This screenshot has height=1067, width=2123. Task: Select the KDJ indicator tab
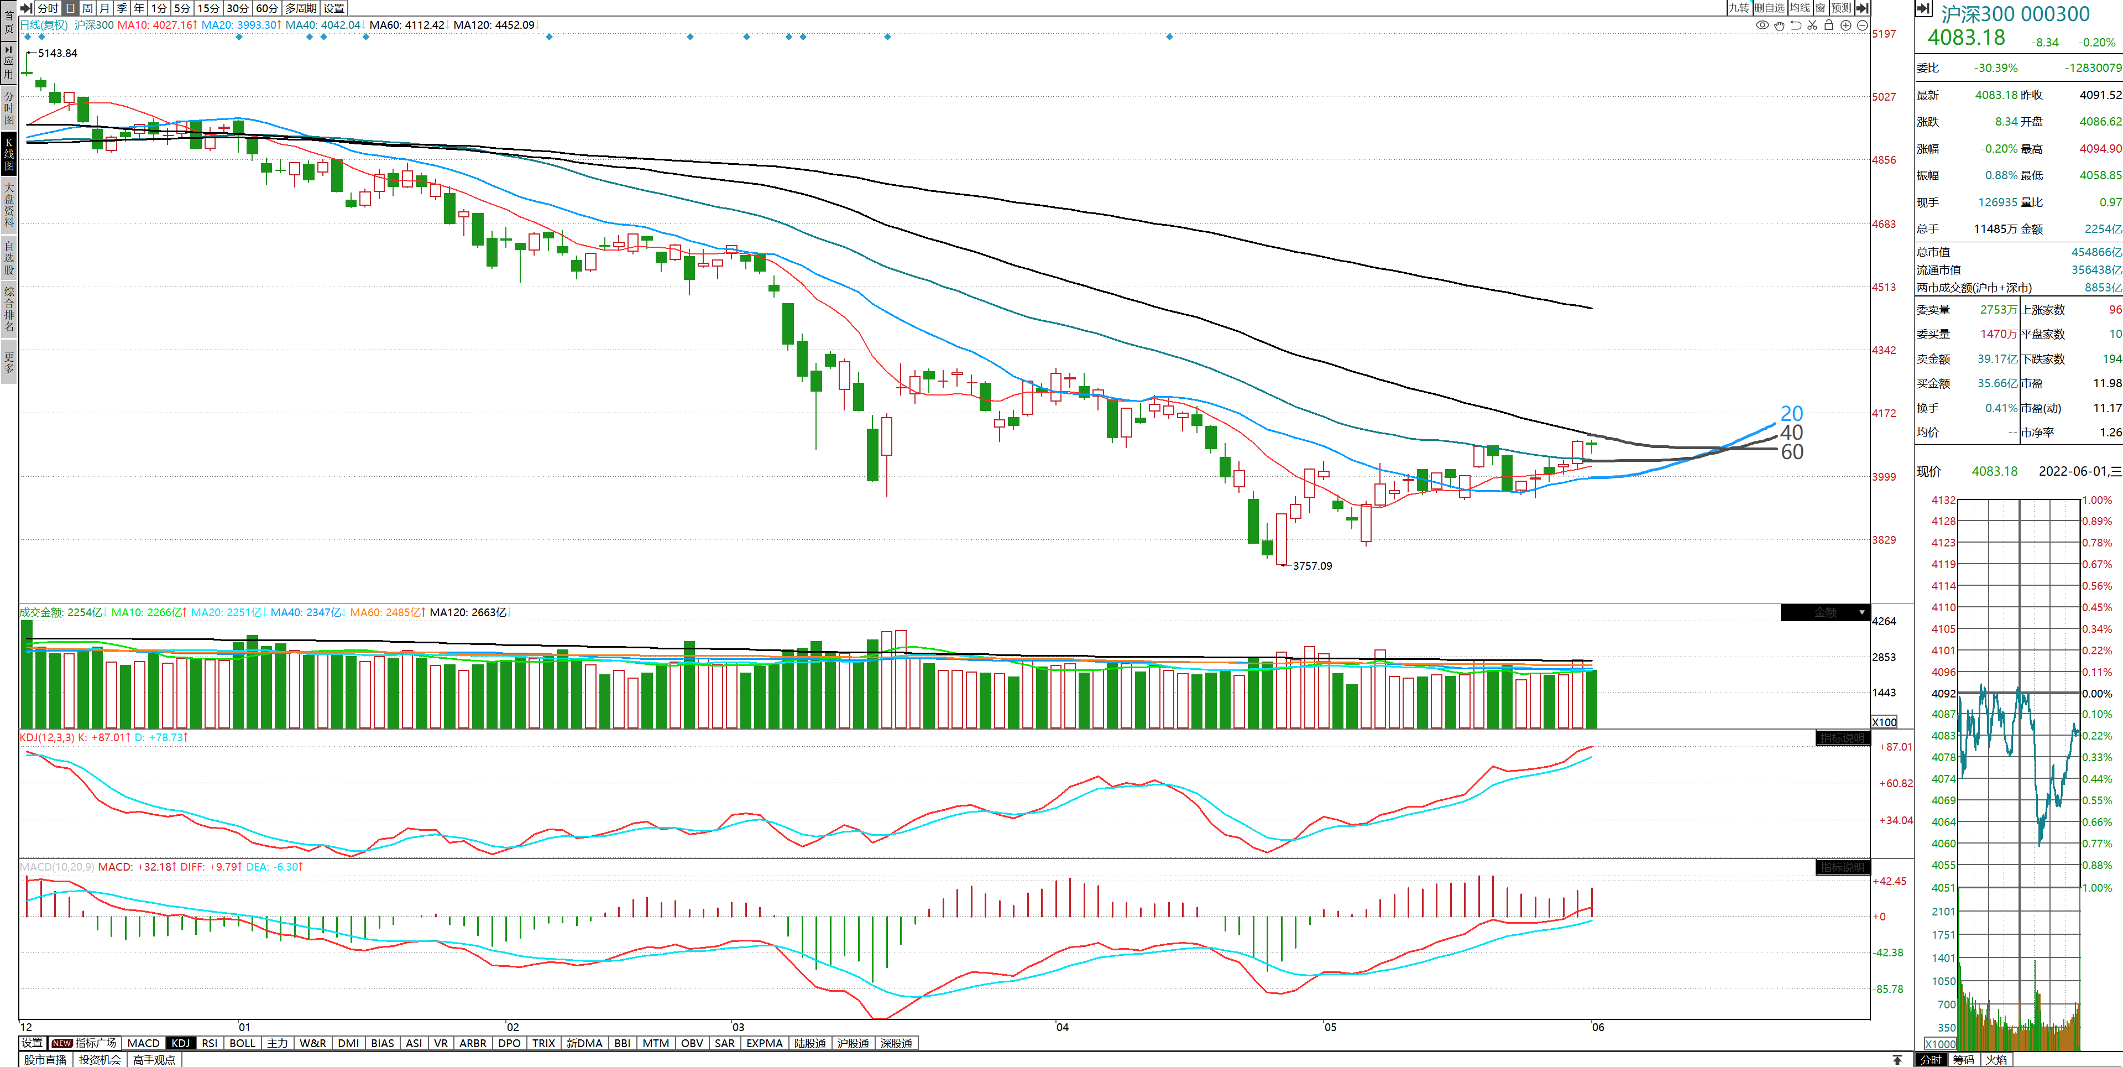(x=180, y=1043)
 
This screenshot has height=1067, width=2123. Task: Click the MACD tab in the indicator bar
(x=143, y=1043)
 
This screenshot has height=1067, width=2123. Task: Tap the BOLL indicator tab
(x=242, y=1043)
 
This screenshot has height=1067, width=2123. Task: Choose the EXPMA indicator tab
(x=764, y=1043)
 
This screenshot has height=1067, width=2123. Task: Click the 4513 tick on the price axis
(x=1884, y=287)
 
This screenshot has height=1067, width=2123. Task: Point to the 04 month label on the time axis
(x=1062, y=1027)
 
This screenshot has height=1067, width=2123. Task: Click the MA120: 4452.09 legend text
(x=494, y=25)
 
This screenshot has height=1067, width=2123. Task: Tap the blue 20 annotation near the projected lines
(x=1792, y=413)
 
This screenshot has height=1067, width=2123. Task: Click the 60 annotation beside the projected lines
(x=1792, y=452)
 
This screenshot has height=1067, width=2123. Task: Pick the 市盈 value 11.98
(x=2106, y=383)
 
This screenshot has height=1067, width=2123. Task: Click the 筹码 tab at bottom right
(x=1963, y=1060)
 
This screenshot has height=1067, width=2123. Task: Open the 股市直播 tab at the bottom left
(x=45, y=1060)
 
